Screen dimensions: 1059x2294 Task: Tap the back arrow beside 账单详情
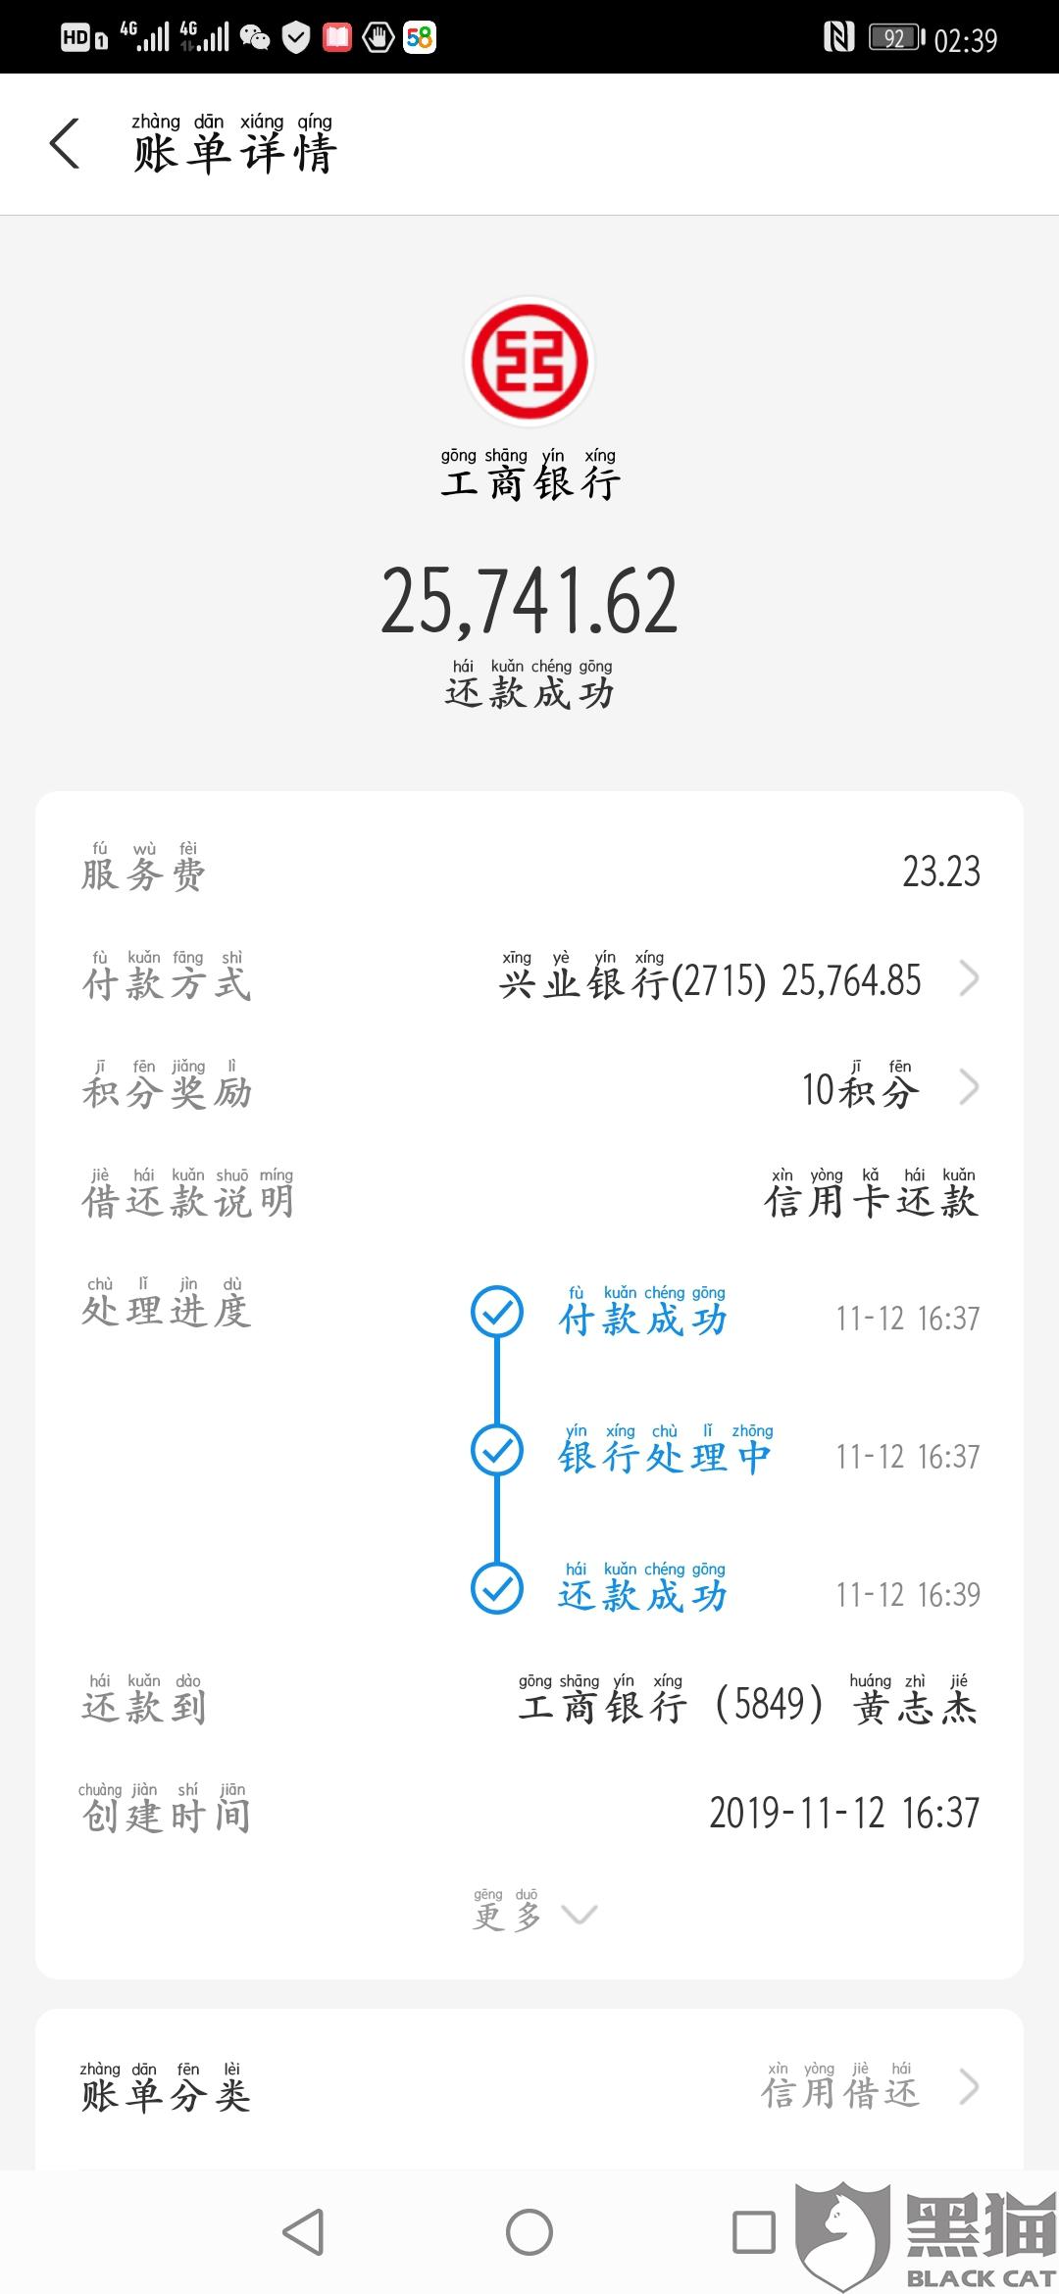(x=65, y=144)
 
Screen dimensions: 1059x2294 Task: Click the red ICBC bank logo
(x=529, y=361)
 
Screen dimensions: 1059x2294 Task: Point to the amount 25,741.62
(x=529, y=601)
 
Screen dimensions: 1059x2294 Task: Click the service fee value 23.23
(x=940, y=872)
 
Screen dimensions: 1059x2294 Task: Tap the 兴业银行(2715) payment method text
(x=631, y=981)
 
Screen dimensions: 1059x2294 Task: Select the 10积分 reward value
(x=860, y=1090)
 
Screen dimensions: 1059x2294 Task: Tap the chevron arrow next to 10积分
(x=969, y=1087)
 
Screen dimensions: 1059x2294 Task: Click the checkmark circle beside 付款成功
(x=497, y=1312)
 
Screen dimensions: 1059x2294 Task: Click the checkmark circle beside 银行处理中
(x=497, y=1450)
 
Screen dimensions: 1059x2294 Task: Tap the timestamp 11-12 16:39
(x=907, y=1595)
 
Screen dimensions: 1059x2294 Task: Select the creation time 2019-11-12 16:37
(x=844, y=1814)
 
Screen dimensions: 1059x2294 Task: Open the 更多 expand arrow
(x=579, y=1915)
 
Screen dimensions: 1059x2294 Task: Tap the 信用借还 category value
(x=840, y=2093)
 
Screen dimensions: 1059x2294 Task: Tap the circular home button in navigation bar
(x=529, y=2232)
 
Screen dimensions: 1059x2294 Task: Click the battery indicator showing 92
(x=896, y=39)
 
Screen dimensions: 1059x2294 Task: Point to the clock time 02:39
(x=966, y=40)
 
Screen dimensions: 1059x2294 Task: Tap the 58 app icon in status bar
(x=420, y=38)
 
